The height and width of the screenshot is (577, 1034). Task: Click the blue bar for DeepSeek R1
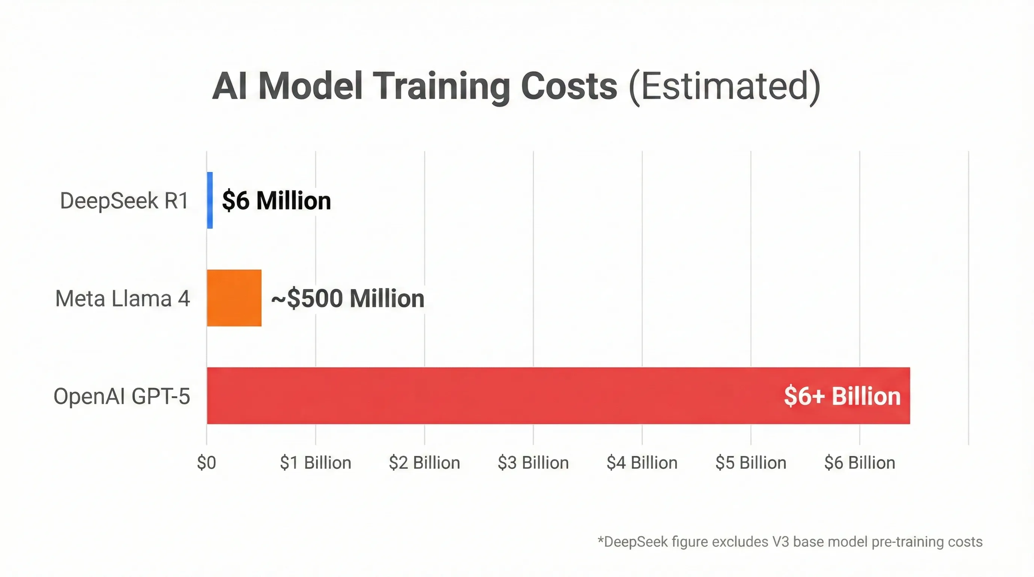point(210,200)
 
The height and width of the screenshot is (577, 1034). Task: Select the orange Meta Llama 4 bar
point(234,298)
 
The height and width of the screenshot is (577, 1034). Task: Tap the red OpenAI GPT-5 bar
point(482,396)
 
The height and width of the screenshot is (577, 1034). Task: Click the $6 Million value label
point(276,201)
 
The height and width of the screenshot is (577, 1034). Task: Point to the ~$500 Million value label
point(348,299)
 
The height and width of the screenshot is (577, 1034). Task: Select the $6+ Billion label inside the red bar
point(842,396)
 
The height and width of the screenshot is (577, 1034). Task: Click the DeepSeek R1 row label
point(124,201)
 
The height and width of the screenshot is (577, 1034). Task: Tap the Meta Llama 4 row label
point(122,299)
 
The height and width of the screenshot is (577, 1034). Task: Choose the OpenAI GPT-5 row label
point(122,396)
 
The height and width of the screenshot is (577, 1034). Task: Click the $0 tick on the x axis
point(206,463)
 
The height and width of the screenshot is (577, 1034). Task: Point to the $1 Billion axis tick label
point(316,463)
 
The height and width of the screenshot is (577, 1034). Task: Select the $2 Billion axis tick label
point(424,463)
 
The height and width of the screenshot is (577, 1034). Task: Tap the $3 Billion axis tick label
point(533,463)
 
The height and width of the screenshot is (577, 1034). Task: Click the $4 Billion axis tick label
point(642,463)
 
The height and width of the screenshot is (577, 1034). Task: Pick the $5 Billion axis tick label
point(751,463)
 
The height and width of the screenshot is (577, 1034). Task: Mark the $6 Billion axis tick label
point(859,463)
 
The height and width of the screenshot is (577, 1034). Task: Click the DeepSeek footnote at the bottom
point(789,542)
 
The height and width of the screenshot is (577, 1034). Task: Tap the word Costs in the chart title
point(569,86)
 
